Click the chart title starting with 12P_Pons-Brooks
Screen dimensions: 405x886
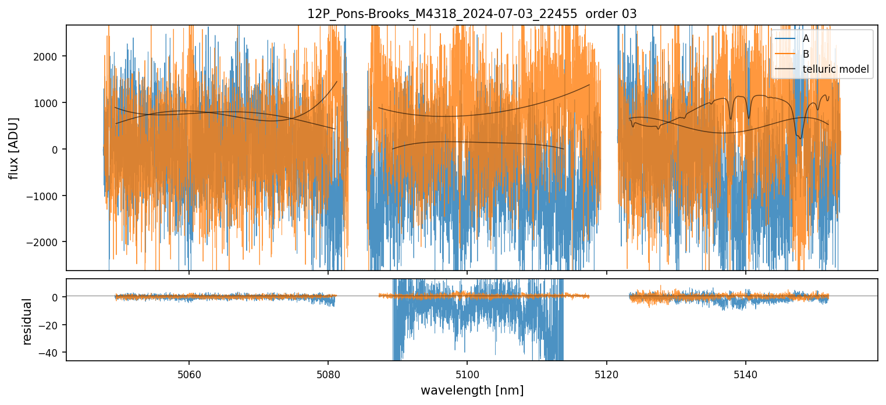tap(472, 14)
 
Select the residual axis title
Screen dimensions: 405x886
tap(27, 321)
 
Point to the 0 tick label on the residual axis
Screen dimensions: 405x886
tap(58, 297)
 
